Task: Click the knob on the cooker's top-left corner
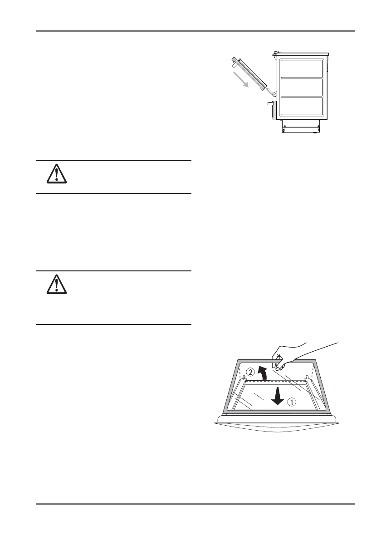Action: (275, 54)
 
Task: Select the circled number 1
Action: (293, 401)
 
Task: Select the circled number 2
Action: (250, 373)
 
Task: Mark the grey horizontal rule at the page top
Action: (195, 31)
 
